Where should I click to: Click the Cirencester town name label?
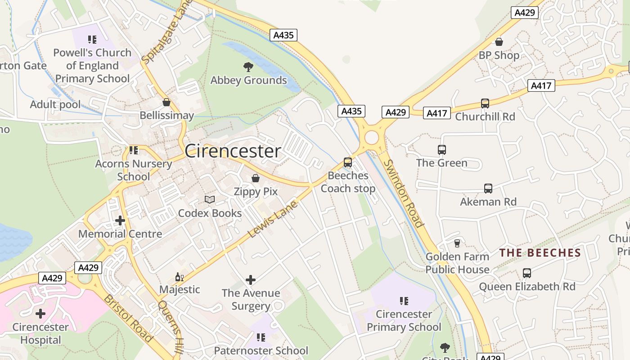click(233, 151)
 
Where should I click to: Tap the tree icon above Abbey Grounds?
click(248, 67)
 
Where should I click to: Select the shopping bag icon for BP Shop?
click(499, 42)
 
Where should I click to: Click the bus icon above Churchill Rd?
click(485, 103)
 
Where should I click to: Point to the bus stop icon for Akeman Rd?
click(488, 189)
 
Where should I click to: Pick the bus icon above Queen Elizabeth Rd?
click(526, 273)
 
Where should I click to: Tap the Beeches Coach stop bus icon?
click(347, 162)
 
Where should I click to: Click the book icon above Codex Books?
click(210, 199)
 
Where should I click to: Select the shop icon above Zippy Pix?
click(256, 179)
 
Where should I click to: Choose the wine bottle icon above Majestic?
click(179, 277)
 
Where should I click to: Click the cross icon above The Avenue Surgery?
click(251, 280)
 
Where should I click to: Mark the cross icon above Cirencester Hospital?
click(40, 314)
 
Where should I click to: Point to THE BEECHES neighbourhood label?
click(540, 253)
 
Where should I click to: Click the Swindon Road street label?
click(404, 193)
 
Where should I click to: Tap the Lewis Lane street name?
click(273, 220)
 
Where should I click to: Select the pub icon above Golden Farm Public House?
click(457, 243)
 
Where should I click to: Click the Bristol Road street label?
click(128, 318)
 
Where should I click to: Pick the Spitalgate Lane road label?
click(166, 32)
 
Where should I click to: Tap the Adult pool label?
click(55, 104)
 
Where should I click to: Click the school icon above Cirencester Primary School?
click(404, 301)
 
